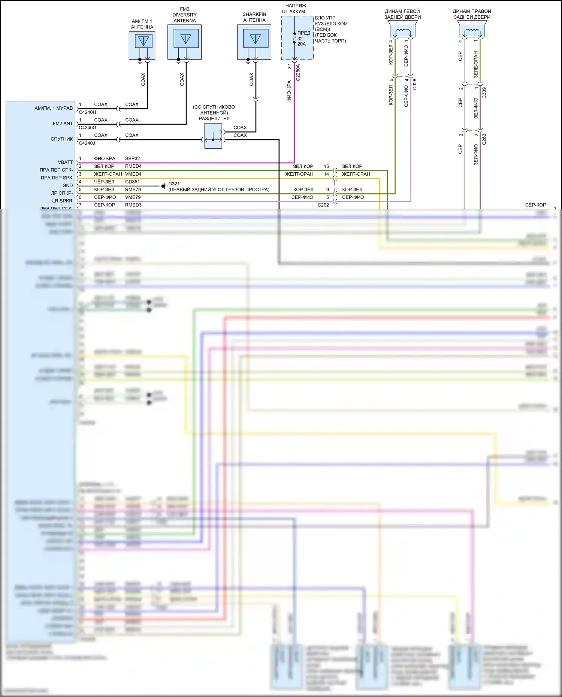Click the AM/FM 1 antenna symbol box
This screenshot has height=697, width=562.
tap(142, 45)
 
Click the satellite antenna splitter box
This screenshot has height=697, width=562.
tap(213, 136)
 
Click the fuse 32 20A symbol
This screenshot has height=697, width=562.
tap(295, 39)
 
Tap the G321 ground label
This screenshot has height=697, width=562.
tap(174, 184)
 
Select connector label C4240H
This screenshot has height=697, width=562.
tap(87, 112)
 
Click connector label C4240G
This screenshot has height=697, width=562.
tap(87, 128)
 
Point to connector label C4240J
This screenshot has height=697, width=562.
tap(87, 143)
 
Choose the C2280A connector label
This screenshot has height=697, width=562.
tap(298, 73)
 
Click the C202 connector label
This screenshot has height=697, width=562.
tap(323, 205)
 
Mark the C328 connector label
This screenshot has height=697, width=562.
tap(414, 84)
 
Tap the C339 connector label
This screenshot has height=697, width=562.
tap(484, 93)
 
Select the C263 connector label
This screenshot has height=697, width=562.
tap(484, 139)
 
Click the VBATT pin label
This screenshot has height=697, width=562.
tap(65, 162)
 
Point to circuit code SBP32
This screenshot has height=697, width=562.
tap(132, 158)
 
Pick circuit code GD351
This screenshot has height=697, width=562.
tap(132, 182)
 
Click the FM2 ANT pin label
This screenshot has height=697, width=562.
tap(63, 124)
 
